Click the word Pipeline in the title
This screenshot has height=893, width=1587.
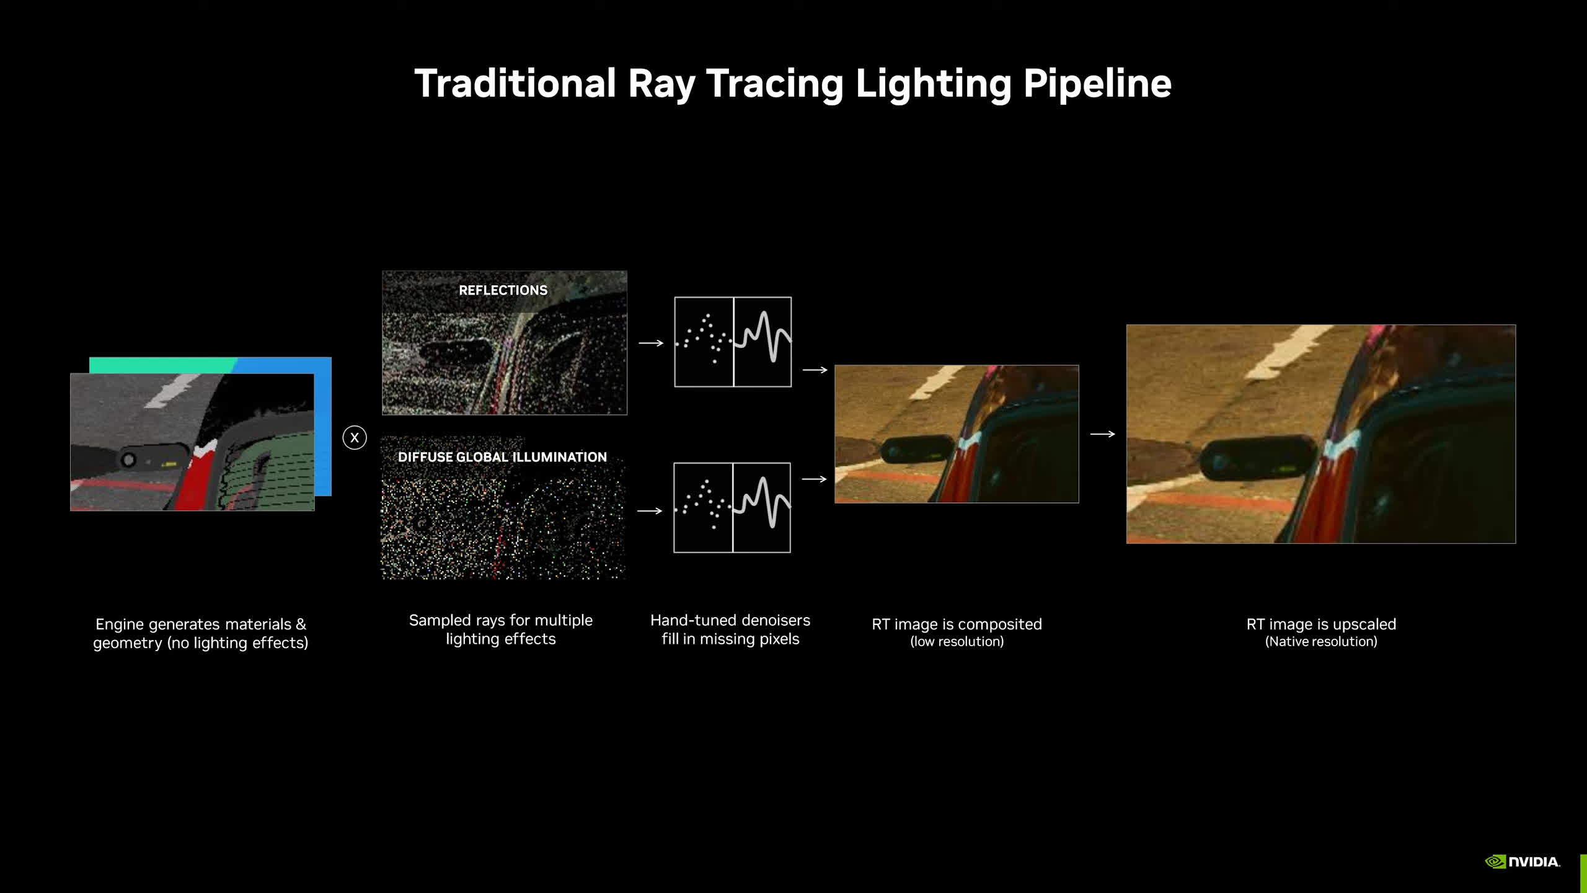pyautogui.click(x=1097, y=84)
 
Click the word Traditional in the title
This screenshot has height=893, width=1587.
pyautogui.click(x=515, y=83)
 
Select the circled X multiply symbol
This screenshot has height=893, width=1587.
pyautogui.click(x=355, y=438)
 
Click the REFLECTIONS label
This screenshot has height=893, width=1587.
pyautogui.click(x=503, y=290)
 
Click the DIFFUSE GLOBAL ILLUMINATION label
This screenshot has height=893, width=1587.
pyautogui.click(x=502, y=457)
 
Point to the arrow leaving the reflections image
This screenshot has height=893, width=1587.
pyautogui.click(x=651, y=343)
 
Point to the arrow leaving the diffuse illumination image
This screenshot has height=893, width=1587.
pyautogui.click(x=650, y=511)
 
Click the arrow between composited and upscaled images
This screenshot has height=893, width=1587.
pyautogui.click(x=1102, y=434)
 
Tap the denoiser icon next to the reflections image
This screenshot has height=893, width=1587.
pyautogui.click(x=733, y=342)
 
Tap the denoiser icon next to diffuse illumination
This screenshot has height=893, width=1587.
pyautogui.click(x=732, y=507)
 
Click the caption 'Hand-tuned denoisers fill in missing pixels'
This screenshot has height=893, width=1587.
pyautogui.click(x=730, y=629)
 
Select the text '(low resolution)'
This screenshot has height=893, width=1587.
pyautogui.click(x=957, y=642)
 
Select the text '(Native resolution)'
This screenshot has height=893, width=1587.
pyautogui.click(x=1321, y=642)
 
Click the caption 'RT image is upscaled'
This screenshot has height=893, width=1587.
pyautogui.click(x=1321, y=624)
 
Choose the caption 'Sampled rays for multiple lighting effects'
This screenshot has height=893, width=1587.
pyautogui.click(x=501, y=629)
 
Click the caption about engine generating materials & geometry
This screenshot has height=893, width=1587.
pyautogui.click(x=200, y=633)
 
